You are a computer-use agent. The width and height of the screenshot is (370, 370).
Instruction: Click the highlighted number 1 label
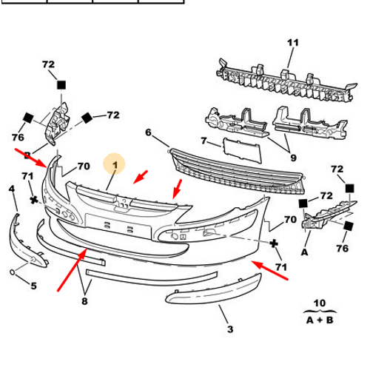pos(115,165)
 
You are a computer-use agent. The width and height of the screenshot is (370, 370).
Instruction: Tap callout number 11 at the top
pos(293,43)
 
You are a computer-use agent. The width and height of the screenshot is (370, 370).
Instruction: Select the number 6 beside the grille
pos(148,132)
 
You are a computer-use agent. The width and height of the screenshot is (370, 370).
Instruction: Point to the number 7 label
pos(203,141)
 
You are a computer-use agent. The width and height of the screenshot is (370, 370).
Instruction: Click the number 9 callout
pos(293,158)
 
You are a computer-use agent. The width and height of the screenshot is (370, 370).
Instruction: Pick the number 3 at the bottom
pos(230,329)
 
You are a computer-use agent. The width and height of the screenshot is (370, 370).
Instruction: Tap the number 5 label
pos(33,286)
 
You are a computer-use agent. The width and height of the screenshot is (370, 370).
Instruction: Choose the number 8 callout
pos(84,301)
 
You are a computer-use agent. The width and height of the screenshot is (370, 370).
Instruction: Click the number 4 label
pos(12,189)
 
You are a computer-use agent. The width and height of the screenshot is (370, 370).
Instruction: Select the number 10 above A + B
pos(320,303)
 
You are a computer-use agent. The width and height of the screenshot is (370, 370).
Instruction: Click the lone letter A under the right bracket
pos(305,252)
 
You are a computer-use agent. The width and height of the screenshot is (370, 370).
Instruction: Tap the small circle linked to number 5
pos(13,272)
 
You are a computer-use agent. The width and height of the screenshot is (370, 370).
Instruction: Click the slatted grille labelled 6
pos(237,172)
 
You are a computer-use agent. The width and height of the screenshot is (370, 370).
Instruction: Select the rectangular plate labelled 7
pos(242,150)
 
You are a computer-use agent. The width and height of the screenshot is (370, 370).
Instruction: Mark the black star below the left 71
pos(34,200)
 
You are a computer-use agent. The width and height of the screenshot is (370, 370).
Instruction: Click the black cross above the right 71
pos(274,243)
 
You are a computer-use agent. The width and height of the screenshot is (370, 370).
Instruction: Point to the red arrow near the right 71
pos(270,270)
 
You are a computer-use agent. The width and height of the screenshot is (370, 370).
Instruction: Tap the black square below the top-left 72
pos(61,85)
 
